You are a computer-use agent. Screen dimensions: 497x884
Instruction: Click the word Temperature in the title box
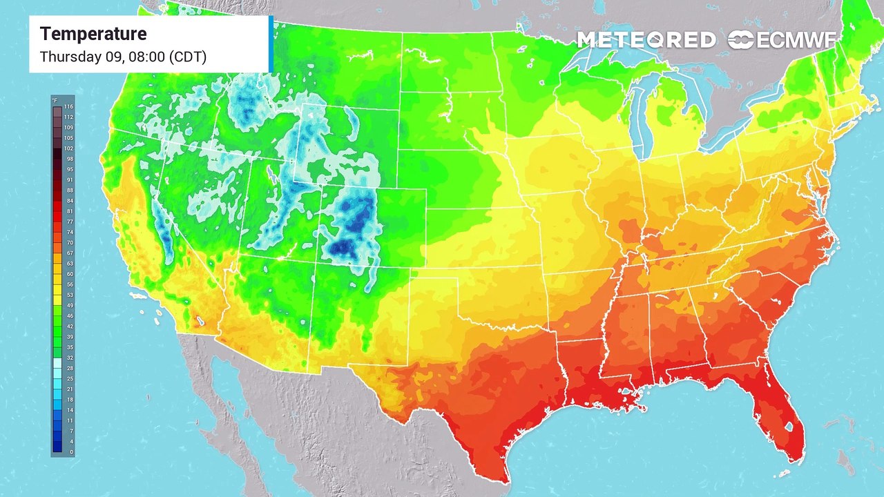93,34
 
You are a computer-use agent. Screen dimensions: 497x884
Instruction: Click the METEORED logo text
646,41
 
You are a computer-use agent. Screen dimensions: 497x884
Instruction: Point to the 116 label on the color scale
68,107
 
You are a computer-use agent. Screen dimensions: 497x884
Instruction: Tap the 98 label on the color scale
69,159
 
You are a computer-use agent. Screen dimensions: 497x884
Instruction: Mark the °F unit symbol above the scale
55,101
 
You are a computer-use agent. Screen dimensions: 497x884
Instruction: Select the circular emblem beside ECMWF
742,41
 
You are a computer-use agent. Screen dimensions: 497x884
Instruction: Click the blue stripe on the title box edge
271,44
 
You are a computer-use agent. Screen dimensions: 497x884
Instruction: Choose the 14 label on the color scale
69,410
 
